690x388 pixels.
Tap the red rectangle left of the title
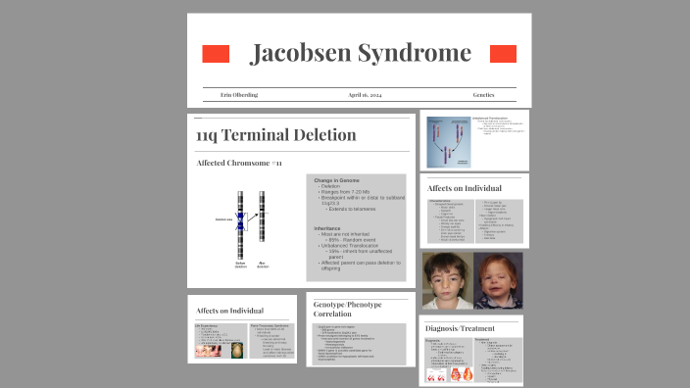click(216, 54)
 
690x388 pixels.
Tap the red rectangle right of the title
click(503, 54)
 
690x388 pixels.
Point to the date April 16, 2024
click(365, 95)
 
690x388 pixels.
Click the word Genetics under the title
click(483, 95)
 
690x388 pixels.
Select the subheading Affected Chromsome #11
click(239, 163)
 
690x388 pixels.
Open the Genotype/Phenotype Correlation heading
click(348, 311)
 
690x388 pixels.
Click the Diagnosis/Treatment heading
click(460, 327)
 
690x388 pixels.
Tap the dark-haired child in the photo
click(447, 280)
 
